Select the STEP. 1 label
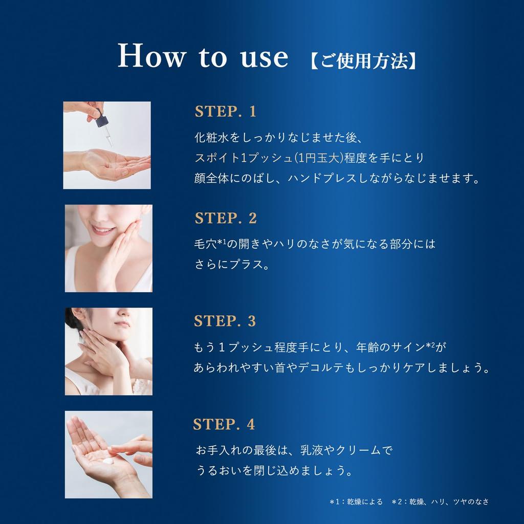(225, 112)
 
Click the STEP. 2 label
(226, 219)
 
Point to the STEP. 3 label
(225, 321)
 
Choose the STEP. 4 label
(224, 425)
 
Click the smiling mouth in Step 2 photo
(104, 230)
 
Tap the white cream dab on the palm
(108, 461)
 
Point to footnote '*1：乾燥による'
(356, 502)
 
